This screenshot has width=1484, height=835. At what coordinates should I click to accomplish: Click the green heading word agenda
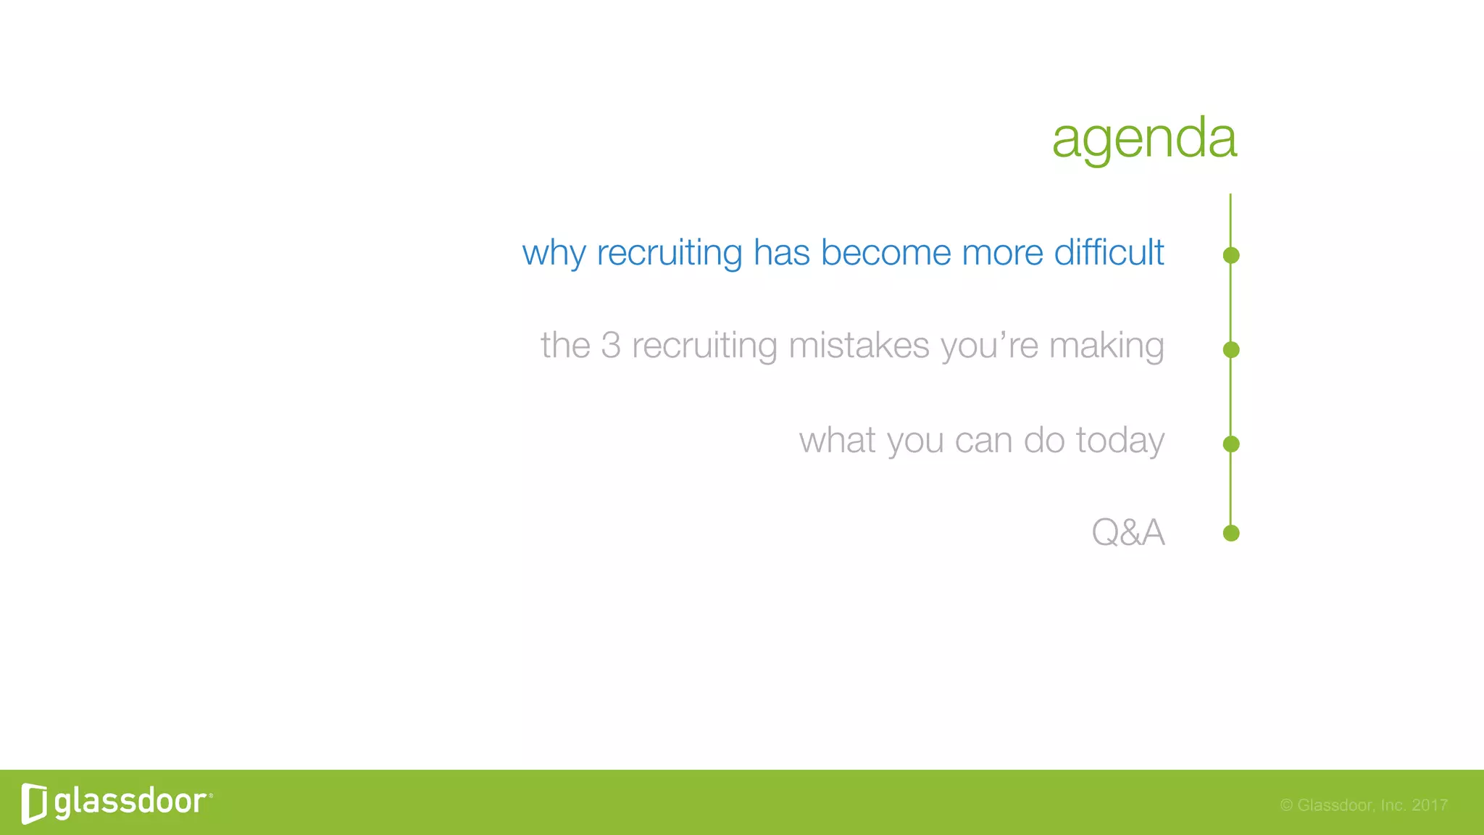1144,138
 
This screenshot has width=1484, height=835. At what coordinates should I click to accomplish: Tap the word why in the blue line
554,254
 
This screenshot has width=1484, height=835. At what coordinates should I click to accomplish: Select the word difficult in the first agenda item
1109,252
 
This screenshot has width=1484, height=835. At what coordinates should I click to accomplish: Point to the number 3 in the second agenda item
611,345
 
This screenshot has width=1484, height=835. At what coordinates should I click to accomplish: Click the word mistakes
859,345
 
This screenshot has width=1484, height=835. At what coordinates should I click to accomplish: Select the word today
1120,441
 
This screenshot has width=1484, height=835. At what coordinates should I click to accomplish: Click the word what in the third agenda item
837,440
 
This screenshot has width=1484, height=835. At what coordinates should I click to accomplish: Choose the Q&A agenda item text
1127,533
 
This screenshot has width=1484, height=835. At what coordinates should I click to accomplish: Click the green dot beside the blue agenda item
1230,255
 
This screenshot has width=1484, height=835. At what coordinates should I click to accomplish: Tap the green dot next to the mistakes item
1230,350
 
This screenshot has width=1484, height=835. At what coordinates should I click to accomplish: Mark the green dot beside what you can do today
1230,444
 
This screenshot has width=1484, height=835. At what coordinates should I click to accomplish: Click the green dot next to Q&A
1230,533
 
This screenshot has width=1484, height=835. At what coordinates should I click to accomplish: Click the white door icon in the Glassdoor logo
34,803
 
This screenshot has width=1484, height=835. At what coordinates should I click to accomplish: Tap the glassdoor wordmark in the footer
130,802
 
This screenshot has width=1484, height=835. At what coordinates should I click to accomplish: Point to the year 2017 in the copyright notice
1429,805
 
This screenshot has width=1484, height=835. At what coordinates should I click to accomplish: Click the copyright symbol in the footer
1286,805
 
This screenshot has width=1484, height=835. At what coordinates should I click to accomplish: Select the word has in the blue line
781,252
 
